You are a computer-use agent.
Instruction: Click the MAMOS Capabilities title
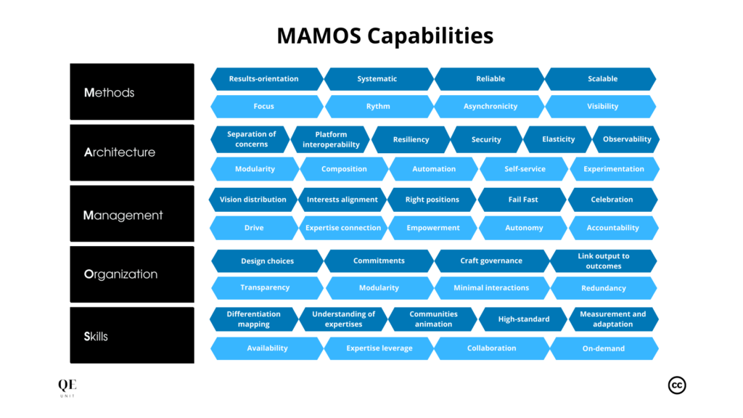(385, 36)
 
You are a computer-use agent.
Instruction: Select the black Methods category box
(132, 92)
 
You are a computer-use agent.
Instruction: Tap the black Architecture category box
(132, 152)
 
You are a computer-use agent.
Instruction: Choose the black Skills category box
(132, 336)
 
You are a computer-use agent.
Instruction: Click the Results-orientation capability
(264, 78)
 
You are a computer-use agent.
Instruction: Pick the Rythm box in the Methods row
(378, 106)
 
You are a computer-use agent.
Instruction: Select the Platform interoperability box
(331, 139)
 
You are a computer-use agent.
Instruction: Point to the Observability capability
(626, 139)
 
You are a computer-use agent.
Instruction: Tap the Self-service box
(525, 169)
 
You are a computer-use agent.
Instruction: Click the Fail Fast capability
(522, 200)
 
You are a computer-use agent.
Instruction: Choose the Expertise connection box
(343, 228)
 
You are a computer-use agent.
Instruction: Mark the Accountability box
(612, 228)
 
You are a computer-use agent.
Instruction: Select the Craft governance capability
(490, 261)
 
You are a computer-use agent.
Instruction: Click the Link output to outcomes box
(603, 261)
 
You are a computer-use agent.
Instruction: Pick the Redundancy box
(603, 288)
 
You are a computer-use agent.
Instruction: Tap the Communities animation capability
(433, 319)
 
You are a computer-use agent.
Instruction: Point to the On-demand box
(603, 348)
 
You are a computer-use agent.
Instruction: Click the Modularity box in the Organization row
(379, 288)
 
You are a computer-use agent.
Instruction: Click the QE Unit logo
(67, 388)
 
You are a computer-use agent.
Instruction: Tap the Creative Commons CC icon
(676, 385)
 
